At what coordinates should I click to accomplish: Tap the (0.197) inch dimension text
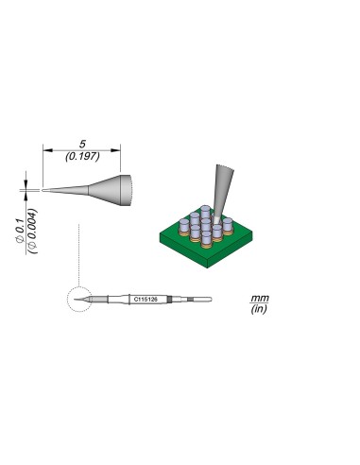82,157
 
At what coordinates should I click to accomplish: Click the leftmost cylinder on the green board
172,225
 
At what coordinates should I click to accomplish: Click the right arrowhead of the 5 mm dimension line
120,148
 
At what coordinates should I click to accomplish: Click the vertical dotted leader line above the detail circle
83,255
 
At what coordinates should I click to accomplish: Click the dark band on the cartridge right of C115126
171,300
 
